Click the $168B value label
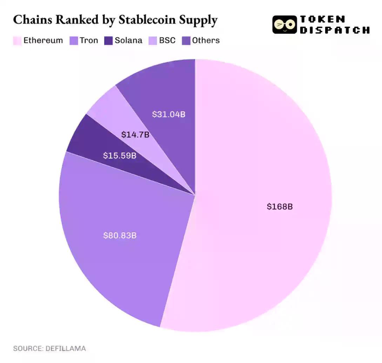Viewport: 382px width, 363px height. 280,207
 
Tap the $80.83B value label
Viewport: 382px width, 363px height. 120,236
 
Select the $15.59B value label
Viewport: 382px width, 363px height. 120,155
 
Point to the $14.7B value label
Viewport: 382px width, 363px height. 135,134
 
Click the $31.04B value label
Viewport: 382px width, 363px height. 168,114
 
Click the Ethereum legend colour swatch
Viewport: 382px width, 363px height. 17,41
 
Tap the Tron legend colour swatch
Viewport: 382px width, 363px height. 74,41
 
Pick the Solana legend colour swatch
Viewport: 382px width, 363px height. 109,41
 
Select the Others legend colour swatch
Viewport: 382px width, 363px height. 186,41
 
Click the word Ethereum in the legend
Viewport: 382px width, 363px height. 43,41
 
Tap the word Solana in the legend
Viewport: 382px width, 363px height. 128,41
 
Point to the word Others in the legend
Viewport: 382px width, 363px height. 206,41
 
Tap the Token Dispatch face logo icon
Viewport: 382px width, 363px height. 284,25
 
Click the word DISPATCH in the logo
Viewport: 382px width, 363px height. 334,30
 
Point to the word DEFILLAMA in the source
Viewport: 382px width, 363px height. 66,349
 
